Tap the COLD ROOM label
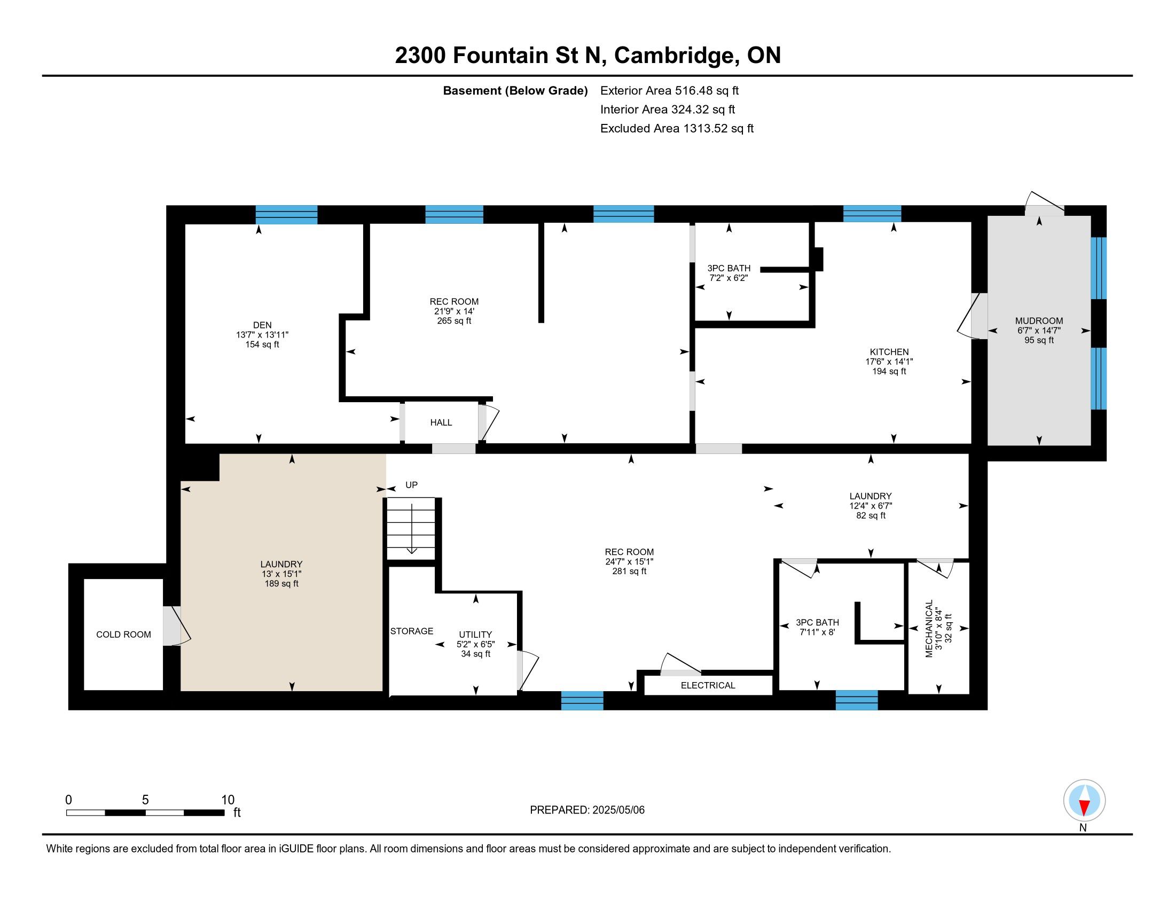pos(123,635)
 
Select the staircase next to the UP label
pos(411,529)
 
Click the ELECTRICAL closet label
pos(708,685)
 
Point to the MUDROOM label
pos(1039,321)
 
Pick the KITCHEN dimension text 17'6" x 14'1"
pos(889,362)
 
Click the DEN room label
pos(262,325)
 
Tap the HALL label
pos(441,423)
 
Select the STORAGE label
pos(412,631)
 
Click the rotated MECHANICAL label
pos(929,628)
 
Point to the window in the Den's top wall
pos(286,215)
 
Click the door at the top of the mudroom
pos(1044,204)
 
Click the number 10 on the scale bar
pos(228,800)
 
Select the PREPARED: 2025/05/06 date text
pos(587,810)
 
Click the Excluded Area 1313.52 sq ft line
pos(677,129)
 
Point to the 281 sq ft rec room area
pos(629,572)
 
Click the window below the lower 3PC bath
pos(857,700)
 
